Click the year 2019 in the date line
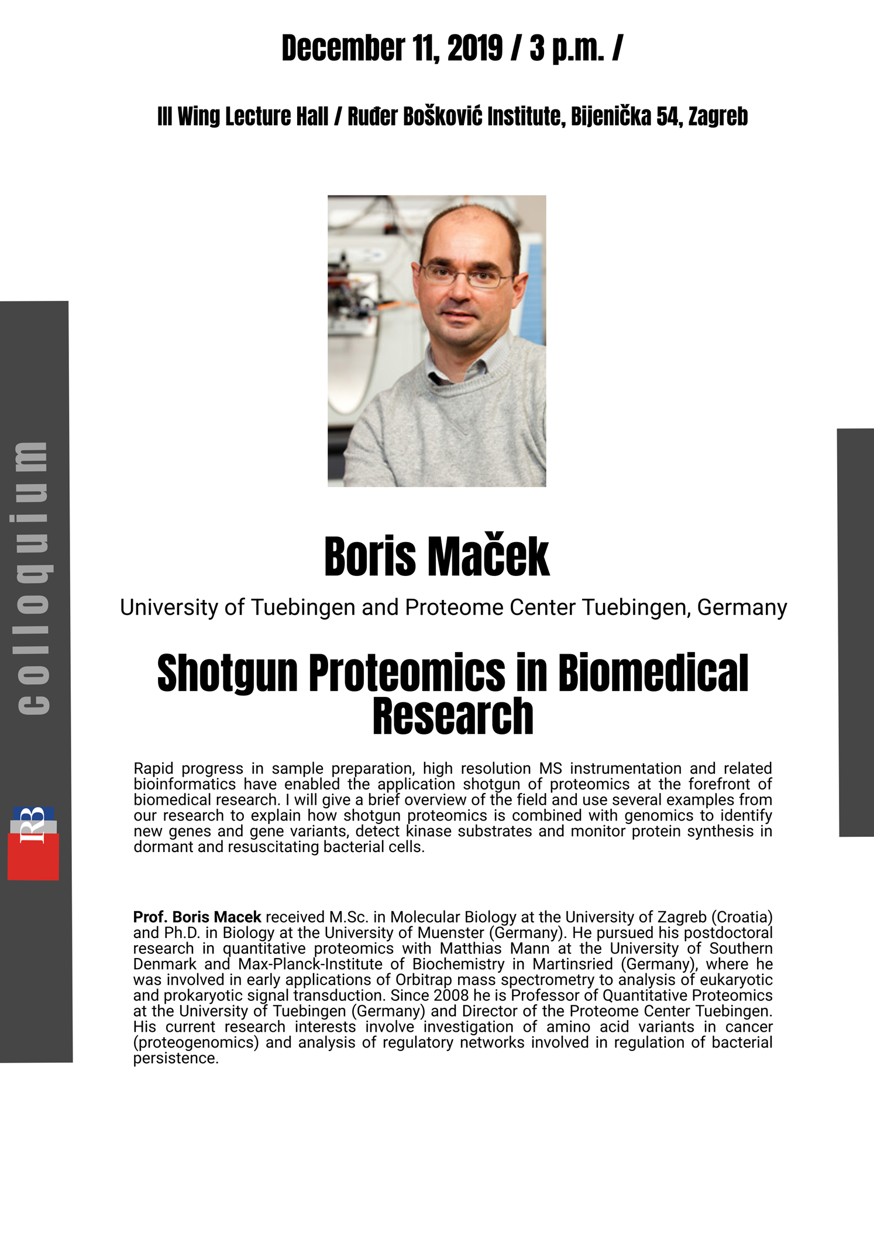click(x=474, y=49)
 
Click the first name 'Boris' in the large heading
click(x=370, y=557)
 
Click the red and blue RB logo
click(x=33, y=843)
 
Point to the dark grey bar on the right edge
click(x=855, y=632)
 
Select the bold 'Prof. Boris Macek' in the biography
click(x=197, y=917)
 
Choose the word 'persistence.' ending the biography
click(x=176, y=1058)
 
